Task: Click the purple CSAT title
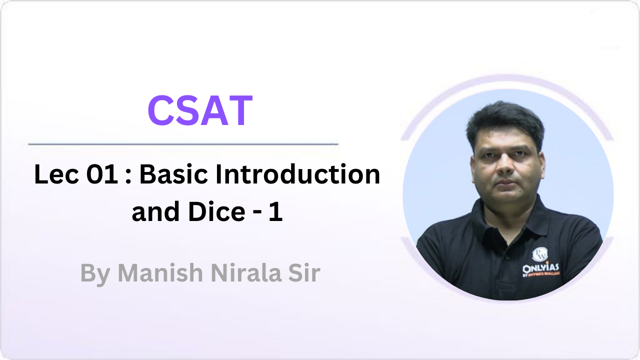point(200,111)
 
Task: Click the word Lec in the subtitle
point(52,175)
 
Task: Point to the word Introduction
point(298,175)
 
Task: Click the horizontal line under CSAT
point(183,144)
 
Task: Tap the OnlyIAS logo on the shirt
point(540,263)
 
